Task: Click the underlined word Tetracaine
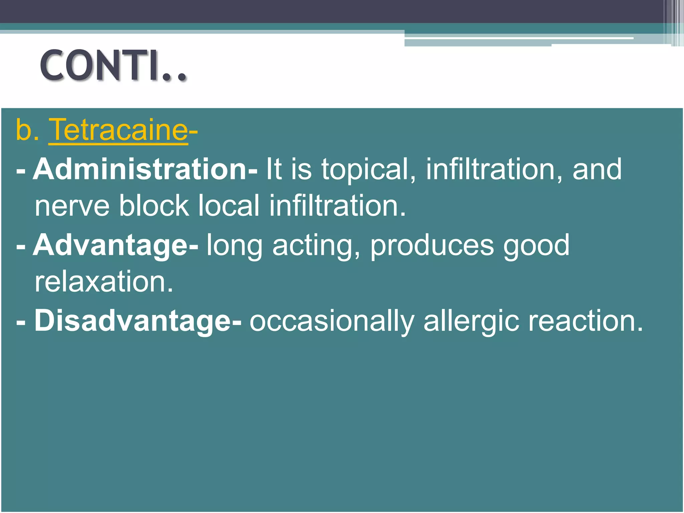pyautogui.click(x=118, y=130)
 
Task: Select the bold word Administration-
pyautogui.click(x=145, y=169)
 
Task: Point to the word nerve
pyautogui.click(x=72, y=206)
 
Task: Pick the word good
pyautogui.click(x=536, y=246)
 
